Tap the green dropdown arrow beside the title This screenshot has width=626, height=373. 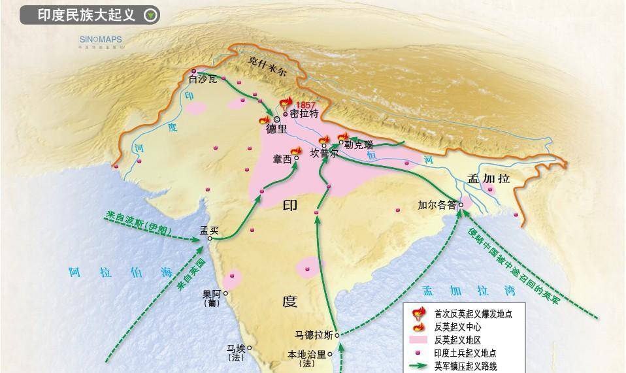coord(151,15)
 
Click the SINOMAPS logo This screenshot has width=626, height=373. coord(100,41)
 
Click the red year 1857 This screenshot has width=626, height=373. coord(305,105)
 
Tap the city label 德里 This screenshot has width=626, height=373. coord(276,129)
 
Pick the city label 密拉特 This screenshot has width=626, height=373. coord(305,113)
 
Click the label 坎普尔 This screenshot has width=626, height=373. coord(324,154)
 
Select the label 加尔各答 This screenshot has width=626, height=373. coord(437,204)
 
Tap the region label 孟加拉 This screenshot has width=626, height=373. coord(489,178)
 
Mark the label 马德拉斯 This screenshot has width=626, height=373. coord(314,334)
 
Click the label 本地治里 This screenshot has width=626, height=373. coord(306,355)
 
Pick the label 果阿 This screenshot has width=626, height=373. coord(212,294)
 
